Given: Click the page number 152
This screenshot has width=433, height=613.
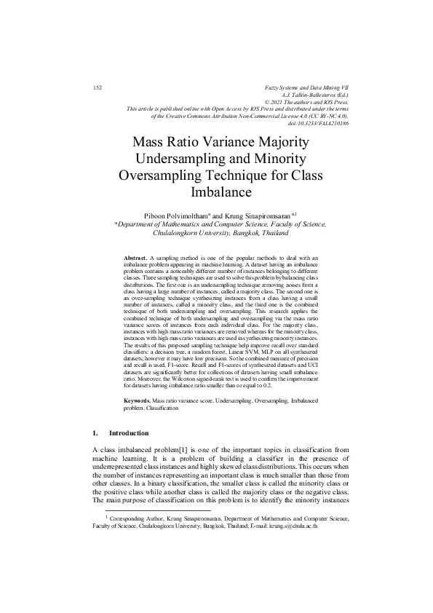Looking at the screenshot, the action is coord(98,87).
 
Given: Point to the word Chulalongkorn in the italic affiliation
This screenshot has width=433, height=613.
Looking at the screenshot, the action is coord(184,234).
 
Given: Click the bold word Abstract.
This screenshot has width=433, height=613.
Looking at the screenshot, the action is coord(135,258).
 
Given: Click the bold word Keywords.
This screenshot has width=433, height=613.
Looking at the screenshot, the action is coord(138,401).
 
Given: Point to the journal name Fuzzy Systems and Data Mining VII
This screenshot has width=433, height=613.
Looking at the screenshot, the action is coord(309,87).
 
